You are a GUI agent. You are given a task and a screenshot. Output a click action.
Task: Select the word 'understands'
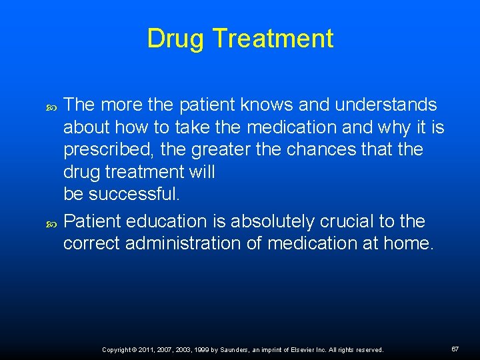click(x=387, y=105)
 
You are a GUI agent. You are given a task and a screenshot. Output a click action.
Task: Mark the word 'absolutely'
click(x=275, y=221)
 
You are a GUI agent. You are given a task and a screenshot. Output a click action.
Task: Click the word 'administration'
click(x=183, y=243)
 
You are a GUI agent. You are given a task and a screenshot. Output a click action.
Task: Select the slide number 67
click(x=455, y=349)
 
